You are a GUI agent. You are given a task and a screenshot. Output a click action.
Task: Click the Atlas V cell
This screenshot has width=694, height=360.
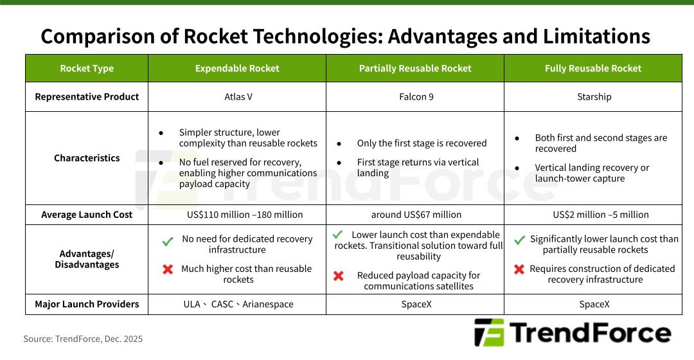click(238, 96)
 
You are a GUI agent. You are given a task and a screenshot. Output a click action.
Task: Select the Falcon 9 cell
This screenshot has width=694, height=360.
click(416, 96)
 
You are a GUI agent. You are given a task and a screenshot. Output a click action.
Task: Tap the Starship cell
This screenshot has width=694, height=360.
click(594, 96)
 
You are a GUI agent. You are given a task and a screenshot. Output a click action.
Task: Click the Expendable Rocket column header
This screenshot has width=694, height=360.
click(237, 68)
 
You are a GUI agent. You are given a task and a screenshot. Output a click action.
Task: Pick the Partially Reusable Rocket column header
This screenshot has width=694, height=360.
click(415, 68)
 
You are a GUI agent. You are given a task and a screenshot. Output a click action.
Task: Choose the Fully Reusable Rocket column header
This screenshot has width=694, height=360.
click(593, 68)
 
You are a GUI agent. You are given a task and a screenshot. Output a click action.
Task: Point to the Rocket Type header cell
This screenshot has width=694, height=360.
click(87, 68)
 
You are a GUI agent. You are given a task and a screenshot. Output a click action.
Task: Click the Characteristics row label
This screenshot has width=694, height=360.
click(87, 158)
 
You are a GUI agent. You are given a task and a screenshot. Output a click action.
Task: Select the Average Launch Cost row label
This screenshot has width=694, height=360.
click(87, 215)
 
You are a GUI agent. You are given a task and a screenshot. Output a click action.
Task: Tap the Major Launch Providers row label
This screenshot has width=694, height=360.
click(87, 304)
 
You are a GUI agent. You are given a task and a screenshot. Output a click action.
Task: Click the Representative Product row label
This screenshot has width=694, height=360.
click(87, 96)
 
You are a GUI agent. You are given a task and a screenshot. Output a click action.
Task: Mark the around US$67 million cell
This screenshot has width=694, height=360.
click(416, 215)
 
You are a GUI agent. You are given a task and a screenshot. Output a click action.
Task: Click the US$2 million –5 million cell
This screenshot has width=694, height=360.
click(601, 215)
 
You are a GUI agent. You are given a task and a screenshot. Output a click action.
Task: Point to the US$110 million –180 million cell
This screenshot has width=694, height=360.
click(245, 215)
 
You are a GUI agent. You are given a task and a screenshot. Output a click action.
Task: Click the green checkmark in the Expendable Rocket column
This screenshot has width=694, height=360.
click(168, 241)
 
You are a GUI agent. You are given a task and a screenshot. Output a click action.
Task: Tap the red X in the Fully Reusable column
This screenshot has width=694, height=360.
click(519, 269)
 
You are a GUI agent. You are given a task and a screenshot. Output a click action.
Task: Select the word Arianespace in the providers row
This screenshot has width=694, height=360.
click(268, 304)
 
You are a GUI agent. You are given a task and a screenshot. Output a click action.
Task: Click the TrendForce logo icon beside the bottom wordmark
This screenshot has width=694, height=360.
click(489, 332)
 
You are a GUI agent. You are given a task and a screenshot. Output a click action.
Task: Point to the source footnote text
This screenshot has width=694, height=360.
click(83, 339)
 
